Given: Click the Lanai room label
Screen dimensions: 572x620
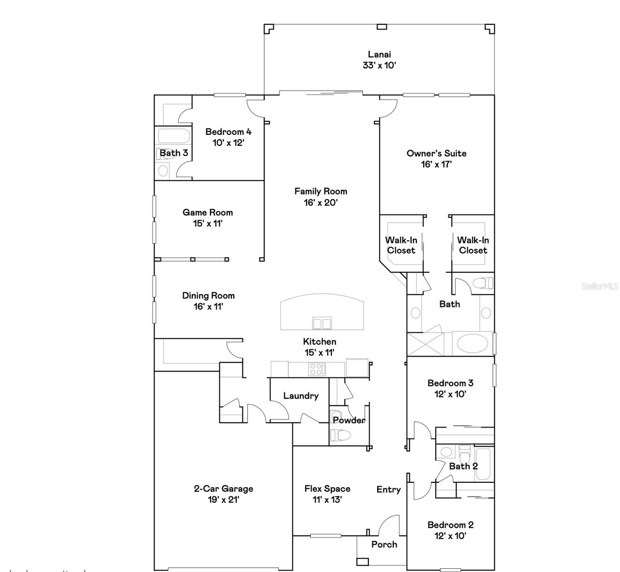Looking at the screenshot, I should coord(379,54).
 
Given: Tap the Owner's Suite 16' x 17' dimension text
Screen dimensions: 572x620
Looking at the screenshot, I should coord(436,164).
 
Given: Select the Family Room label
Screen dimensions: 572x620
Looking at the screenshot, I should coord(320,191).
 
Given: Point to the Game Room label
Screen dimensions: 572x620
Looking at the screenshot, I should coord(208,213).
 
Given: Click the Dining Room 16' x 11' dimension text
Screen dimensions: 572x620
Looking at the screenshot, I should coord(208,306).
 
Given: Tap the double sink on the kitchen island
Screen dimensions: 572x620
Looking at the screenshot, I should coord(321,324).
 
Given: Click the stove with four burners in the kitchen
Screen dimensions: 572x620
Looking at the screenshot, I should coord(317,369).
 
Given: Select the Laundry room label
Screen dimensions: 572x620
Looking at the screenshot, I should coord(300,396).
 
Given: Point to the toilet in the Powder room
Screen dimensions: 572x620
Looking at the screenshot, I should coord(340,435).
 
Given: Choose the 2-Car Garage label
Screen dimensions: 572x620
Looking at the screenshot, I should coord(223,489).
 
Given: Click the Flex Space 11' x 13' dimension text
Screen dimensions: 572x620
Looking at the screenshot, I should coord(327,500).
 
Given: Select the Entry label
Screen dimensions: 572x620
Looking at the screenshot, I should coord(388,490).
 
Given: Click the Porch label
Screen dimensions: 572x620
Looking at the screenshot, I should coord(384,544).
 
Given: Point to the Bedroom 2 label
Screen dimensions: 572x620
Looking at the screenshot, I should coord(450,525).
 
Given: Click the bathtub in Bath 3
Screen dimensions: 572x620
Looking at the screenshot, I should coord(173,136).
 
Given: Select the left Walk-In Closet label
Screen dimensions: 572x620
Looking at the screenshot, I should coord(401,245).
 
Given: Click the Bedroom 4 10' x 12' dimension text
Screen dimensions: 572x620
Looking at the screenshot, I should coord(228,143).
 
